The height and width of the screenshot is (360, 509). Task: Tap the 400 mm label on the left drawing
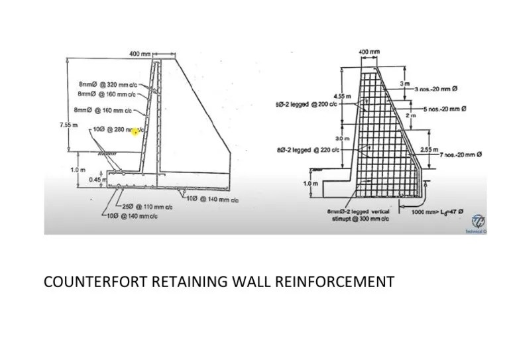(x=140, y=54)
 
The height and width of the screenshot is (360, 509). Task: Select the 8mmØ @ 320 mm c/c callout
(x=107, y=85)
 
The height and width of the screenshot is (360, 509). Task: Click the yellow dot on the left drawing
(x=135, y=133)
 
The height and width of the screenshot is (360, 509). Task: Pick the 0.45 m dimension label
(x=98, y=178)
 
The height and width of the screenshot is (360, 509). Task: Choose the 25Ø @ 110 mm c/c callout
(x=147, y=207)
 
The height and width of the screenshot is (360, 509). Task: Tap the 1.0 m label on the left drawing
(x=78, y=170)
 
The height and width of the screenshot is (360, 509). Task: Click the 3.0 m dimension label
(x=342, y=139)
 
